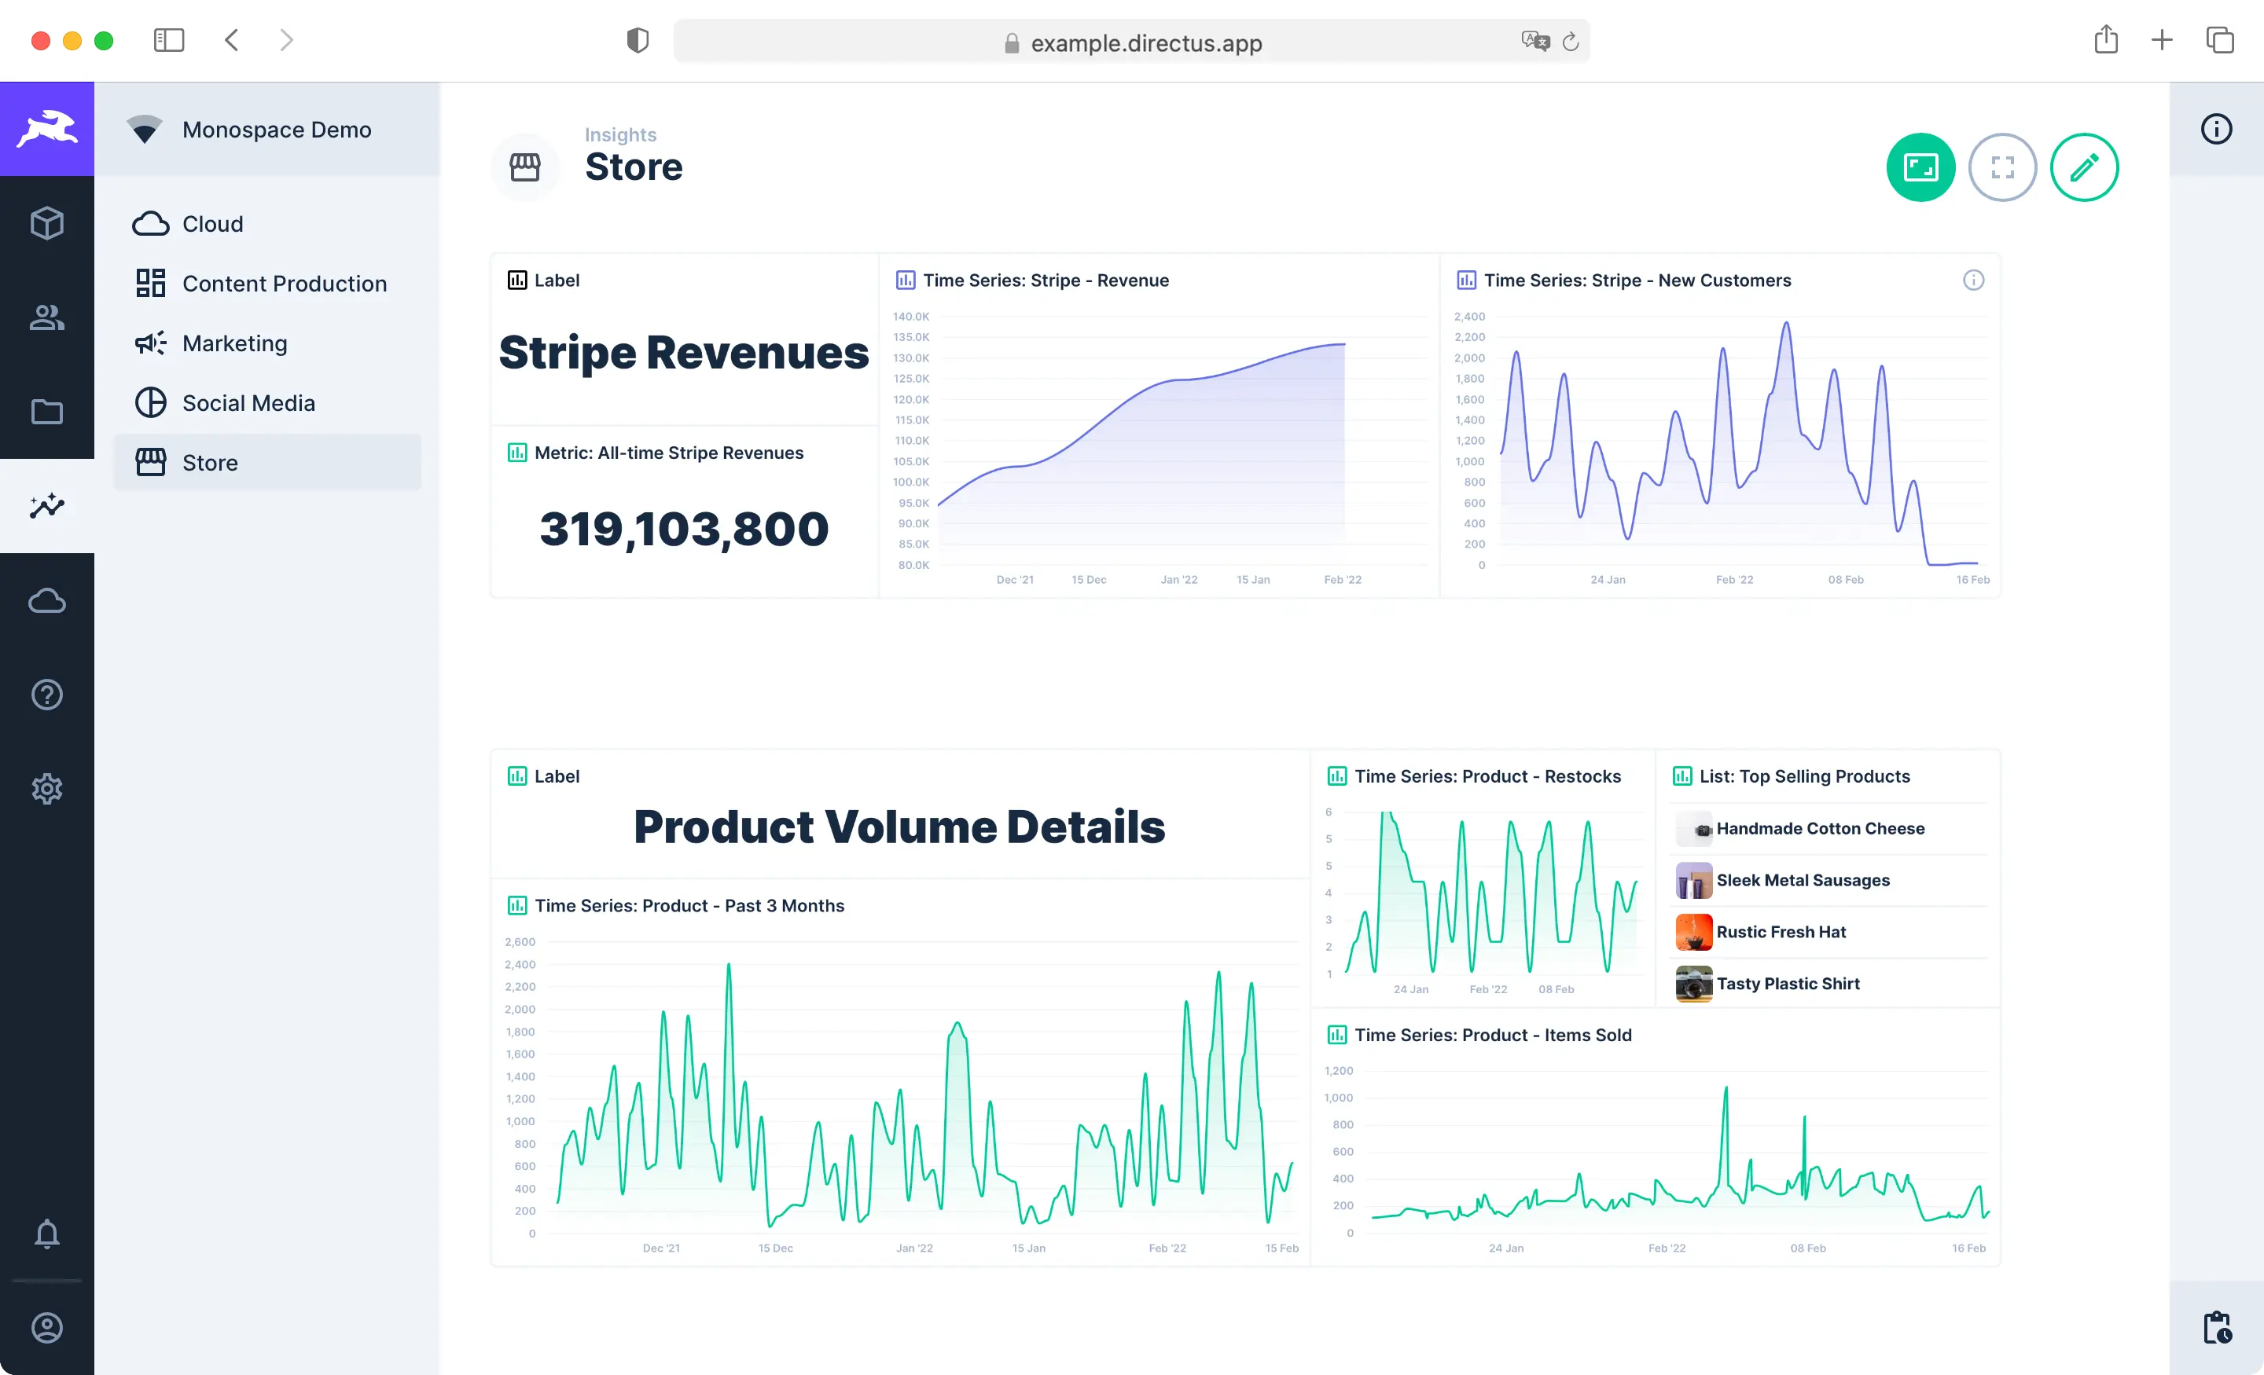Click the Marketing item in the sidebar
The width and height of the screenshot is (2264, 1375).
click(x=234, y=343)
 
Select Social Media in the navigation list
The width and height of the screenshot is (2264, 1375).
click(x=248, y=403)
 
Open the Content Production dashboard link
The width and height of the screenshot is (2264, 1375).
click(x=284, y=284)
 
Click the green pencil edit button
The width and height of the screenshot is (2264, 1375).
click(x=2084, y=167)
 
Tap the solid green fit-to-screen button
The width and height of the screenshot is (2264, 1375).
click(x=1920, y=167)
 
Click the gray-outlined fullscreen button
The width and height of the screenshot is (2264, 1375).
click(x=2002, y=167)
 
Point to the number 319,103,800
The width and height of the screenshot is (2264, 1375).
click(x=684, y=529)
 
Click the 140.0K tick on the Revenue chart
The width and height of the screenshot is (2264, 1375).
click(x=910, y=317)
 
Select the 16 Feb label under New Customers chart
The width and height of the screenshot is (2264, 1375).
click(x=1972, y=580)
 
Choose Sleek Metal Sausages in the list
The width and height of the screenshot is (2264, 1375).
click(x=1802, y=880)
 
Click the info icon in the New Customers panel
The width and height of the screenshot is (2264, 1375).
click(x=1972, y=280)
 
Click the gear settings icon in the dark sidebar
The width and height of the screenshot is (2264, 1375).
click(x=47, y=788)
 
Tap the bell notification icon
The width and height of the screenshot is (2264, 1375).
click(x=47, y=1234)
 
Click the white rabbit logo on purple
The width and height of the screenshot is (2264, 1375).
click(x=47, y=129)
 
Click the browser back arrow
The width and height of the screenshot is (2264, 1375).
click(x=232, y=40)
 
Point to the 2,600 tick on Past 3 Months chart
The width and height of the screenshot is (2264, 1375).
click(x=520, y=942)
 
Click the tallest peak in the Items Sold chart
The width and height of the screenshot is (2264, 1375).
click(x=1726, y=1089)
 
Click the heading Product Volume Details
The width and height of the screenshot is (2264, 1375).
click(x=899, y=827)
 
